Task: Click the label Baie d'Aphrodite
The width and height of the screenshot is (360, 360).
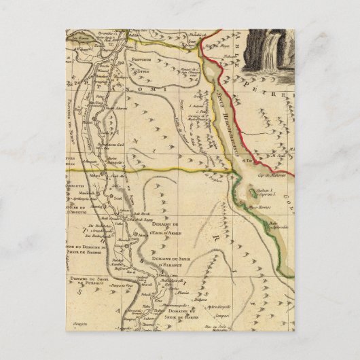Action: pyautogui.click(x=276, y=223)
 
